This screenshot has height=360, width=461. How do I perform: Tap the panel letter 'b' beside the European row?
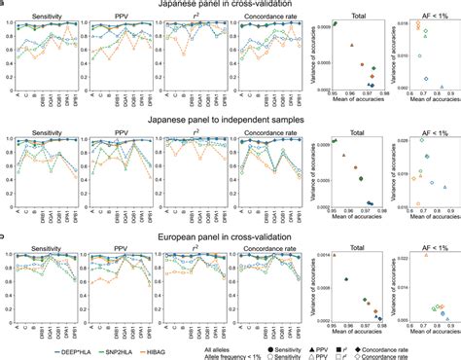[x=3, y=236]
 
